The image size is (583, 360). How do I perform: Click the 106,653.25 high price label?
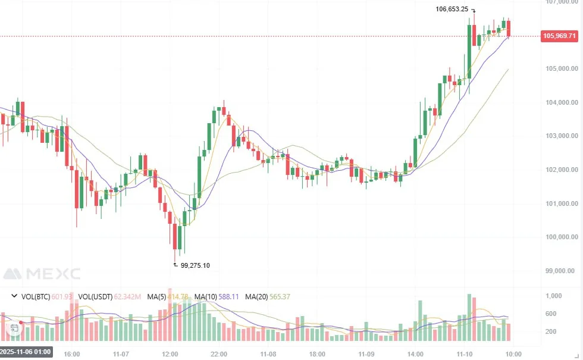coord(452,10)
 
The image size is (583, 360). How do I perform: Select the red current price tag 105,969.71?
coord(560,36)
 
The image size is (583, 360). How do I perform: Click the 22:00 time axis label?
coord(219,354)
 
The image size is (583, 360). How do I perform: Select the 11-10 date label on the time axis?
coord(465,354)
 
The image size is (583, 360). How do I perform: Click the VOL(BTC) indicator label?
coord(36,296)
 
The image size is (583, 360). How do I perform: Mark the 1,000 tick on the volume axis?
coord(554,296)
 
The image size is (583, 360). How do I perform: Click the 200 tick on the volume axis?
coord(551,331)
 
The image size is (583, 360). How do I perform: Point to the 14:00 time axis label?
coord(415,354)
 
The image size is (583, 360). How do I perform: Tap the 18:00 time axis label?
coord(317,354)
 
